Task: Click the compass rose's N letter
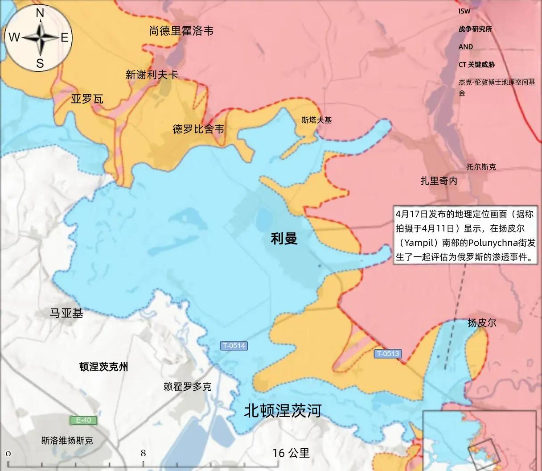pyautogui.click(x=40, y=13)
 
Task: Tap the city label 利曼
pyautogui.click(x=284, y=239)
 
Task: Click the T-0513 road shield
pyautogui.click(x=387, y=354)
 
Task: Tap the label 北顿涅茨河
pyautogui.click(x=283, y=410)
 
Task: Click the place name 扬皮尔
pyautogui.click(x=482, y=323)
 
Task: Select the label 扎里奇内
pyautogui.click(x=439, y=181)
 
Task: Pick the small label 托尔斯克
pyautogui.click(x=481, y=167)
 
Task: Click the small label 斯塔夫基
pyautogui.click(x=316, y=120)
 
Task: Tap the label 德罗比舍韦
pyautogui.click(x=198, y=129)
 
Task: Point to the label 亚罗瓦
pyautogui.click(x=87, y=99)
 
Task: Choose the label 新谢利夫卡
pyautogui.click(x=152, y=75)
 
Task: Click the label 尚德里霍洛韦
pyautogui.click(x=181, y=31)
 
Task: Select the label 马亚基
pyautogui.click(x=66, y=313)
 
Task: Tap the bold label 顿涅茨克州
pyautogui.click(x=103, y=367)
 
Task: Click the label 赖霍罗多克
pyautogui.click(x=187, y=387)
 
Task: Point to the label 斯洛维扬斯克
pyautogui.click(x=67, y=441)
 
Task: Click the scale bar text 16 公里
pyautogui.click(x=291, y=453)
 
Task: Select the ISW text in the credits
pyautogui.click(x=464, y=11)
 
